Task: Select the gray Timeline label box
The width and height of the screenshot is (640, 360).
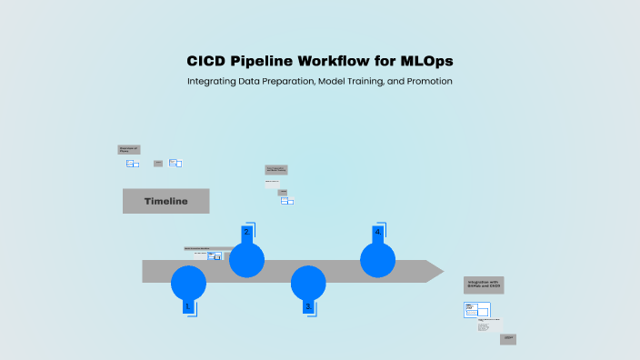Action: [165, 201]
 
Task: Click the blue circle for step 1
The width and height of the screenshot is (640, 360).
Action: [188, 283]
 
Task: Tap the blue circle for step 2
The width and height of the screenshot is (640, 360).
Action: [246, 260]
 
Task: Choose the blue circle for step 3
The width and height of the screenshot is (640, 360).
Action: [308, 283]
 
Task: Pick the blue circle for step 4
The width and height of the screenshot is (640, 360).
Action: [377, 260]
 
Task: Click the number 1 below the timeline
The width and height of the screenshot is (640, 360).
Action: [187, 307]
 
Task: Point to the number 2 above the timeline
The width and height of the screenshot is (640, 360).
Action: [245, 232]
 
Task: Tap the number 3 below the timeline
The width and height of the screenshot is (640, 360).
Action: [307, 307]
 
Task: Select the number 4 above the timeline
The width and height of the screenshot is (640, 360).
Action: [377, 232]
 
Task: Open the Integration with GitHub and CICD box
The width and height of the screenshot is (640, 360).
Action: [484, 285]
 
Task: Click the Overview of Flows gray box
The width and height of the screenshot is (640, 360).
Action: [129, 149]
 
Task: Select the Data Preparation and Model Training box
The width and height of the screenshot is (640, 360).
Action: [275, 169]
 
